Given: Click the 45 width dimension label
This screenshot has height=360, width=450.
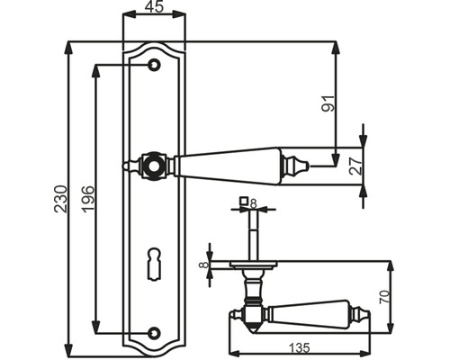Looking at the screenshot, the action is click(x=155, y=6).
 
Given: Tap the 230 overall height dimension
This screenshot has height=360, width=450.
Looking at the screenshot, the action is click(x=60, y=199).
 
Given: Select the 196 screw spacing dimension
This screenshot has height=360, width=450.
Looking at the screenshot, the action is click(x=88, y=199).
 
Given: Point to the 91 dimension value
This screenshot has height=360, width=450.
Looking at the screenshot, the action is click(x=328, y=103).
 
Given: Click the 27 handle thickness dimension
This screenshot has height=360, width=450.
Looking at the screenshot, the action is click(x=355, y=166).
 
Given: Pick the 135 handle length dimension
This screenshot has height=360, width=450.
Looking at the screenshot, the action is click(x=299, y=348).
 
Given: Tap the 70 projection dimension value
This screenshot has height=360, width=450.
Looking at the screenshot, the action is click(x=384, y=297).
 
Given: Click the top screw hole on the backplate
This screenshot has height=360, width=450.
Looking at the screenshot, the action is click(x=154, y=65).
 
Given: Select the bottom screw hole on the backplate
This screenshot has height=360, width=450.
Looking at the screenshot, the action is click(x=154, y=332).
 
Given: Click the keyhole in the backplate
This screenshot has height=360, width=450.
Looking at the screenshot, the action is click(x=154, y=265).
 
